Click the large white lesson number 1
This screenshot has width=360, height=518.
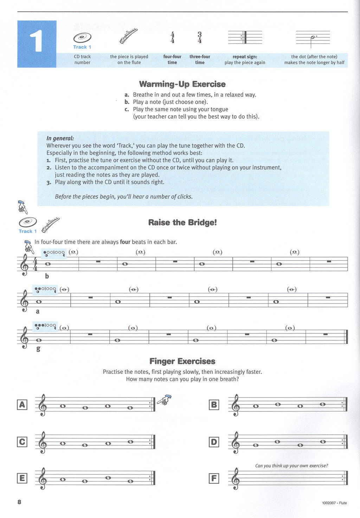[36, 41]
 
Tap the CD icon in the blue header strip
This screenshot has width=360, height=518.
[82, 38]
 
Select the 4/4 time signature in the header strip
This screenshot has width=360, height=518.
[172, 38]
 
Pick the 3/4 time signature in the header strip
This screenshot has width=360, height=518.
[200, 38]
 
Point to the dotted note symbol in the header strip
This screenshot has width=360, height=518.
[313, 38]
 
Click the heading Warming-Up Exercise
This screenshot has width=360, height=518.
[182, 84]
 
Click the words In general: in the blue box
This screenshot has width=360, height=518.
[60, 139]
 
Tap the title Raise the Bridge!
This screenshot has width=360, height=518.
[182, 223]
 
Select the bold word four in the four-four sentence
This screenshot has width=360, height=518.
[125, 242]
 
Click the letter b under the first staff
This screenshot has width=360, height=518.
[47, 276]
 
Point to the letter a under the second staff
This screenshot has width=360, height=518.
[38, 312]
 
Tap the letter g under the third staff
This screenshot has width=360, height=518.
[38, 349]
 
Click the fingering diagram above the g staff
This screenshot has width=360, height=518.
[45, 326]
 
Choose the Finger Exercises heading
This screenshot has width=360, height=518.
[182, 361]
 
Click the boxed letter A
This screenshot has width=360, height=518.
[22, 405]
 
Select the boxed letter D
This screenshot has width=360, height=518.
[214, 442]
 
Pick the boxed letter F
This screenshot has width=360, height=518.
[214, 478]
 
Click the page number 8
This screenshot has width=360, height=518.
[19, 502]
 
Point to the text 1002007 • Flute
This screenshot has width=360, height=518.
[334, 503]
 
